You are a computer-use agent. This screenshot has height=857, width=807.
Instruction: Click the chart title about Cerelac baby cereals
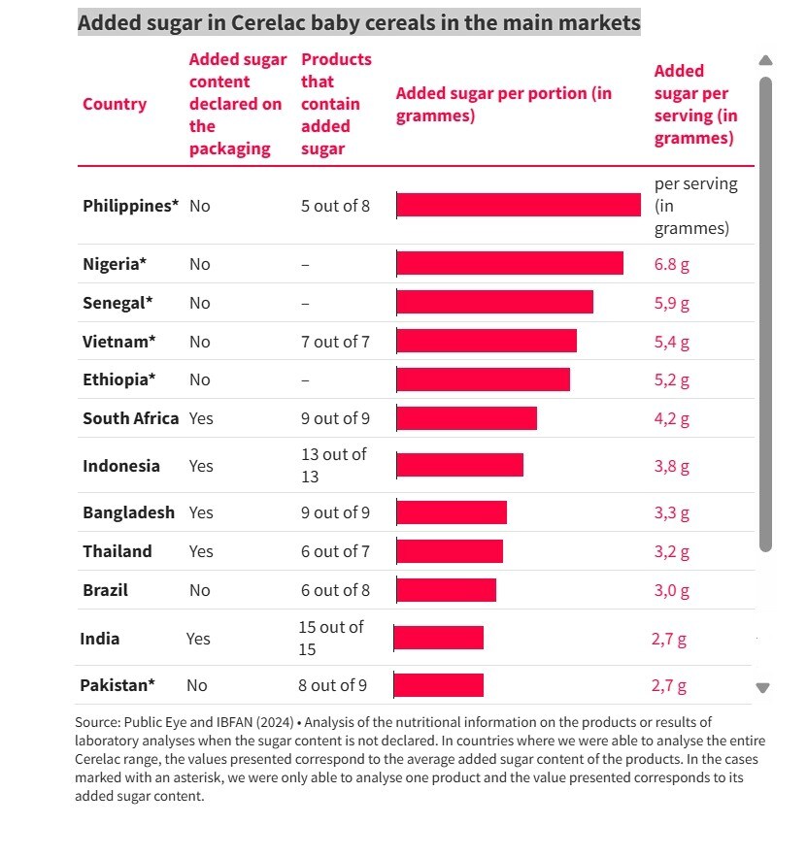pos(358,22)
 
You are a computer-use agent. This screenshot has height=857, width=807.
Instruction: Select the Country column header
pos(115,104)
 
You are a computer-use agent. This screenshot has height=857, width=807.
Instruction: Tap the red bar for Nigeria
pos(510,264)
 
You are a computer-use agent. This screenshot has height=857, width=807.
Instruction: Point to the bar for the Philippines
pos(519,205)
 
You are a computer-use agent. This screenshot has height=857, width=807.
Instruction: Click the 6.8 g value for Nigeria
pos(672,264)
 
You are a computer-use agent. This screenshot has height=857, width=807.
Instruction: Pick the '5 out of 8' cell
pos(335,206)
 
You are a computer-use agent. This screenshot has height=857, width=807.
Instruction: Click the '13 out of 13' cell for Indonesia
pos(334,465)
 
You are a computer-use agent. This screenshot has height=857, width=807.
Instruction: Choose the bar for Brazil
pos(447,590)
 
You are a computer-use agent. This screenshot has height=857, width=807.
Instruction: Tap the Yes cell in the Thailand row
pos(201,551)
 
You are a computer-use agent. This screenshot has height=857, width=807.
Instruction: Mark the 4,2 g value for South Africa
pos(672,419)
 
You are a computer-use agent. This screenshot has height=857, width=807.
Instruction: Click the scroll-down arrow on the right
pos(763,688)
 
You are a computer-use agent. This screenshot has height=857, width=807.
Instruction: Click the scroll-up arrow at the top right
pos(765,60)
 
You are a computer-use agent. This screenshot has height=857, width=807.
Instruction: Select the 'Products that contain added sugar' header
pos(336,104)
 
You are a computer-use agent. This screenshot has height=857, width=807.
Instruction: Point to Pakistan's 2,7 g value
pos(669,686)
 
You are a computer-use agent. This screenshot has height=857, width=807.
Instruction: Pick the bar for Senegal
pos(495,303)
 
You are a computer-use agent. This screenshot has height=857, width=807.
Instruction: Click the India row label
pos(100,639)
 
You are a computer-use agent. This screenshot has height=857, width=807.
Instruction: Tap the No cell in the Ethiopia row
pos(200,379)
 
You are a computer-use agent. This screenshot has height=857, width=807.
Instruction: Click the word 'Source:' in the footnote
pos(96,722)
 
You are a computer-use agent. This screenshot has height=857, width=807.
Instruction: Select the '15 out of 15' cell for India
pos(331,638)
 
